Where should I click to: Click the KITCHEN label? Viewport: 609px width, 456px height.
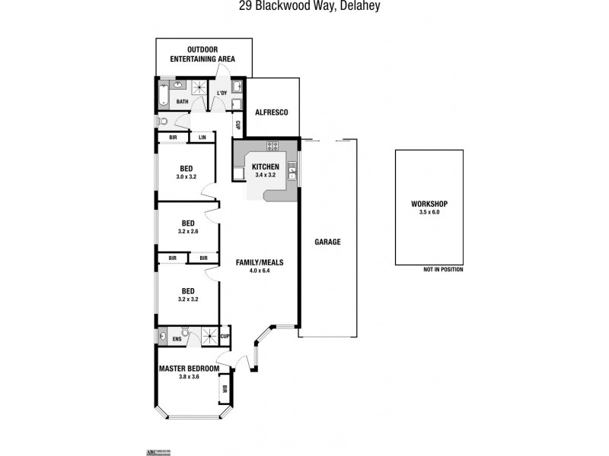(x=266, y=166)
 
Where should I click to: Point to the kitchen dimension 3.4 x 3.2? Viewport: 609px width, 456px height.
(x=266, y=175)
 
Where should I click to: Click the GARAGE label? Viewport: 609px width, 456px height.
(x=327, y=242)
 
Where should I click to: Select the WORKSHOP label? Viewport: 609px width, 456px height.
(x=429, y=204)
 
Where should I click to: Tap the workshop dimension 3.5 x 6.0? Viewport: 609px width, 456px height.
(x=429, y=213)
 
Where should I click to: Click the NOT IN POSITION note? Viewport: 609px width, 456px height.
(x=442, y=270)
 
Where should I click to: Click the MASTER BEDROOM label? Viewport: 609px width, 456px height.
(x=189, y=369)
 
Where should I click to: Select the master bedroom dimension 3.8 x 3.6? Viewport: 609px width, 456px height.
(x=189, y=377)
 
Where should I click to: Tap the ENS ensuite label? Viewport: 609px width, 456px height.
(x=177, y=340)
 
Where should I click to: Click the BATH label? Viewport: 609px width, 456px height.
(x=183, y=101)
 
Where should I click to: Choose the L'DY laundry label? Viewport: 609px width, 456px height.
(x=222, y=93)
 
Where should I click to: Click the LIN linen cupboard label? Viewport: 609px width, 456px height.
(x=202, y=138)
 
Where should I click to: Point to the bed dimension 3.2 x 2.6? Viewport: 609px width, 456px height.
(x=187, y=231)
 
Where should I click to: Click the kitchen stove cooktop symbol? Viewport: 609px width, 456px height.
(x=272, y=146)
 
